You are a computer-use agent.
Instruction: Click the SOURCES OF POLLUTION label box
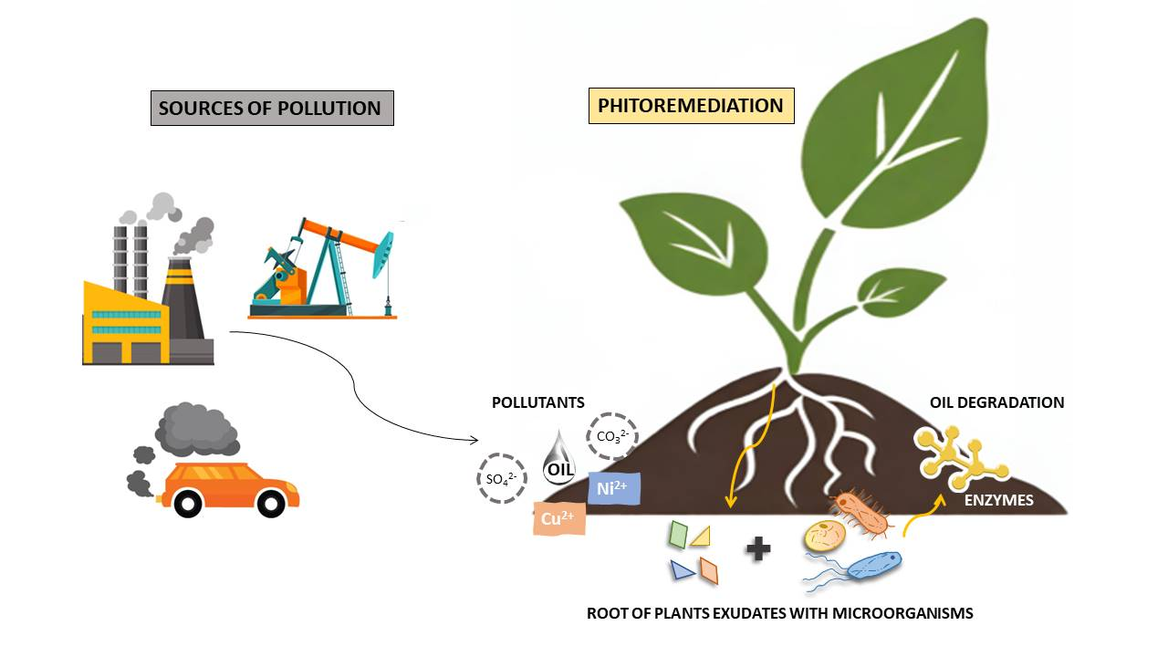271,108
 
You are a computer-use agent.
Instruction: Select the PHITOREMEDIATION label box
691,106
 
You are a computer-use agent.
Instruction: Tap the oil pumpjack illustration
324,270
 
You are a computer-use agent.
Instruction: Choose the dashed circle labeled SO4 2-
501,477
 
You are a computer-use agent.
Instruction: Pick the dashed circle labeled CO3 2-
611,434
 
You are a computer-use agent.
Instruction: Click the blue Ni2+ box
615,488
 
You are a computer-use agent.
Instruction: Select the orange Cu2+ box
558,518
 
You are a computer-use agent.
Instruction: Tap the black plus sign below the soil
757,549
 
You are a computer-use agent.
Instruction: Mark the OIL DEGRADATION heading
996,402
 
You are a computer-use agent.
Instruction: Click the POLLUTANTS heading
537,402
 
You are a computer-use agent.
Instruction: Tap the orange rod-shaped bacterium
860,514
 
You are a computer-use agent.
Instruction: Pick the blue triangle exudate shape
681,570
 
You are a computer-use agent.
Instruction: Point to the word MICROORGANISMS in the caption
902,613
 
